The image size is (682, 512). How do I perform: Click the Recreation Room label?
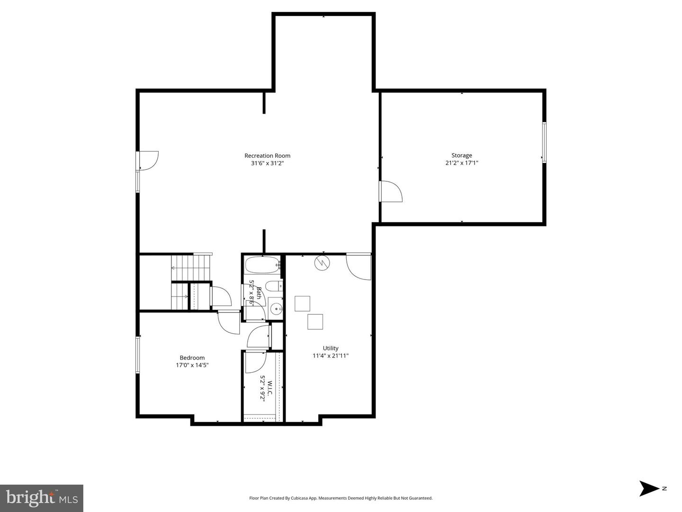click(x=267, y=155)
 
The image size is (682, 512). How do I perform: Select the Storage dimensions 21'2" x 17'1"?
click(x=461, y=163)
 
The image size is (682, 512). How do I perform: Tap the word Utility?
click(x=331, y=348)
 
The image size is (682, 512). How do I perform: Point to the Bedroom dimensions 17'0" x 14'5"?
click(x=192, y=365)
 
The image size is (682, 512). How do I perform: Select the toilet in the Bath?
click(x=273, y=286)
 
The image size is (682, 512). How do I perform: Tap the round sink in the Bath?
click(x=276, y=309)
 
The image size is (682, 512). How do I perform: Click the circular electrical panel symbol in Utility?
click(x=322, y=263)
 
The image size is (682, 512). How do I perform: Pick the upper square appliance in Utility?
click(x=302, y=304)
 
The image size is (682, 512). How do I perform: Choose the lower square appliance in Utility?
click(x=315, y=322)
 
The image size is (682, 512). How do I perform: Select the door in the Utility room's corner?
click(x=358, y=267)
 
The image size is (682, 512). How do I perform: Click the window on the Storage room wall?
click(x=544, y=143)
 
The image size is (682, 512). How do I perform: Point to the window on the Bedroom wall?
click(x=138, y=354)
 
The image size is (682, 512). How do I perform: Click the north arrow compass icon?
click(x=649, y=488)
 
